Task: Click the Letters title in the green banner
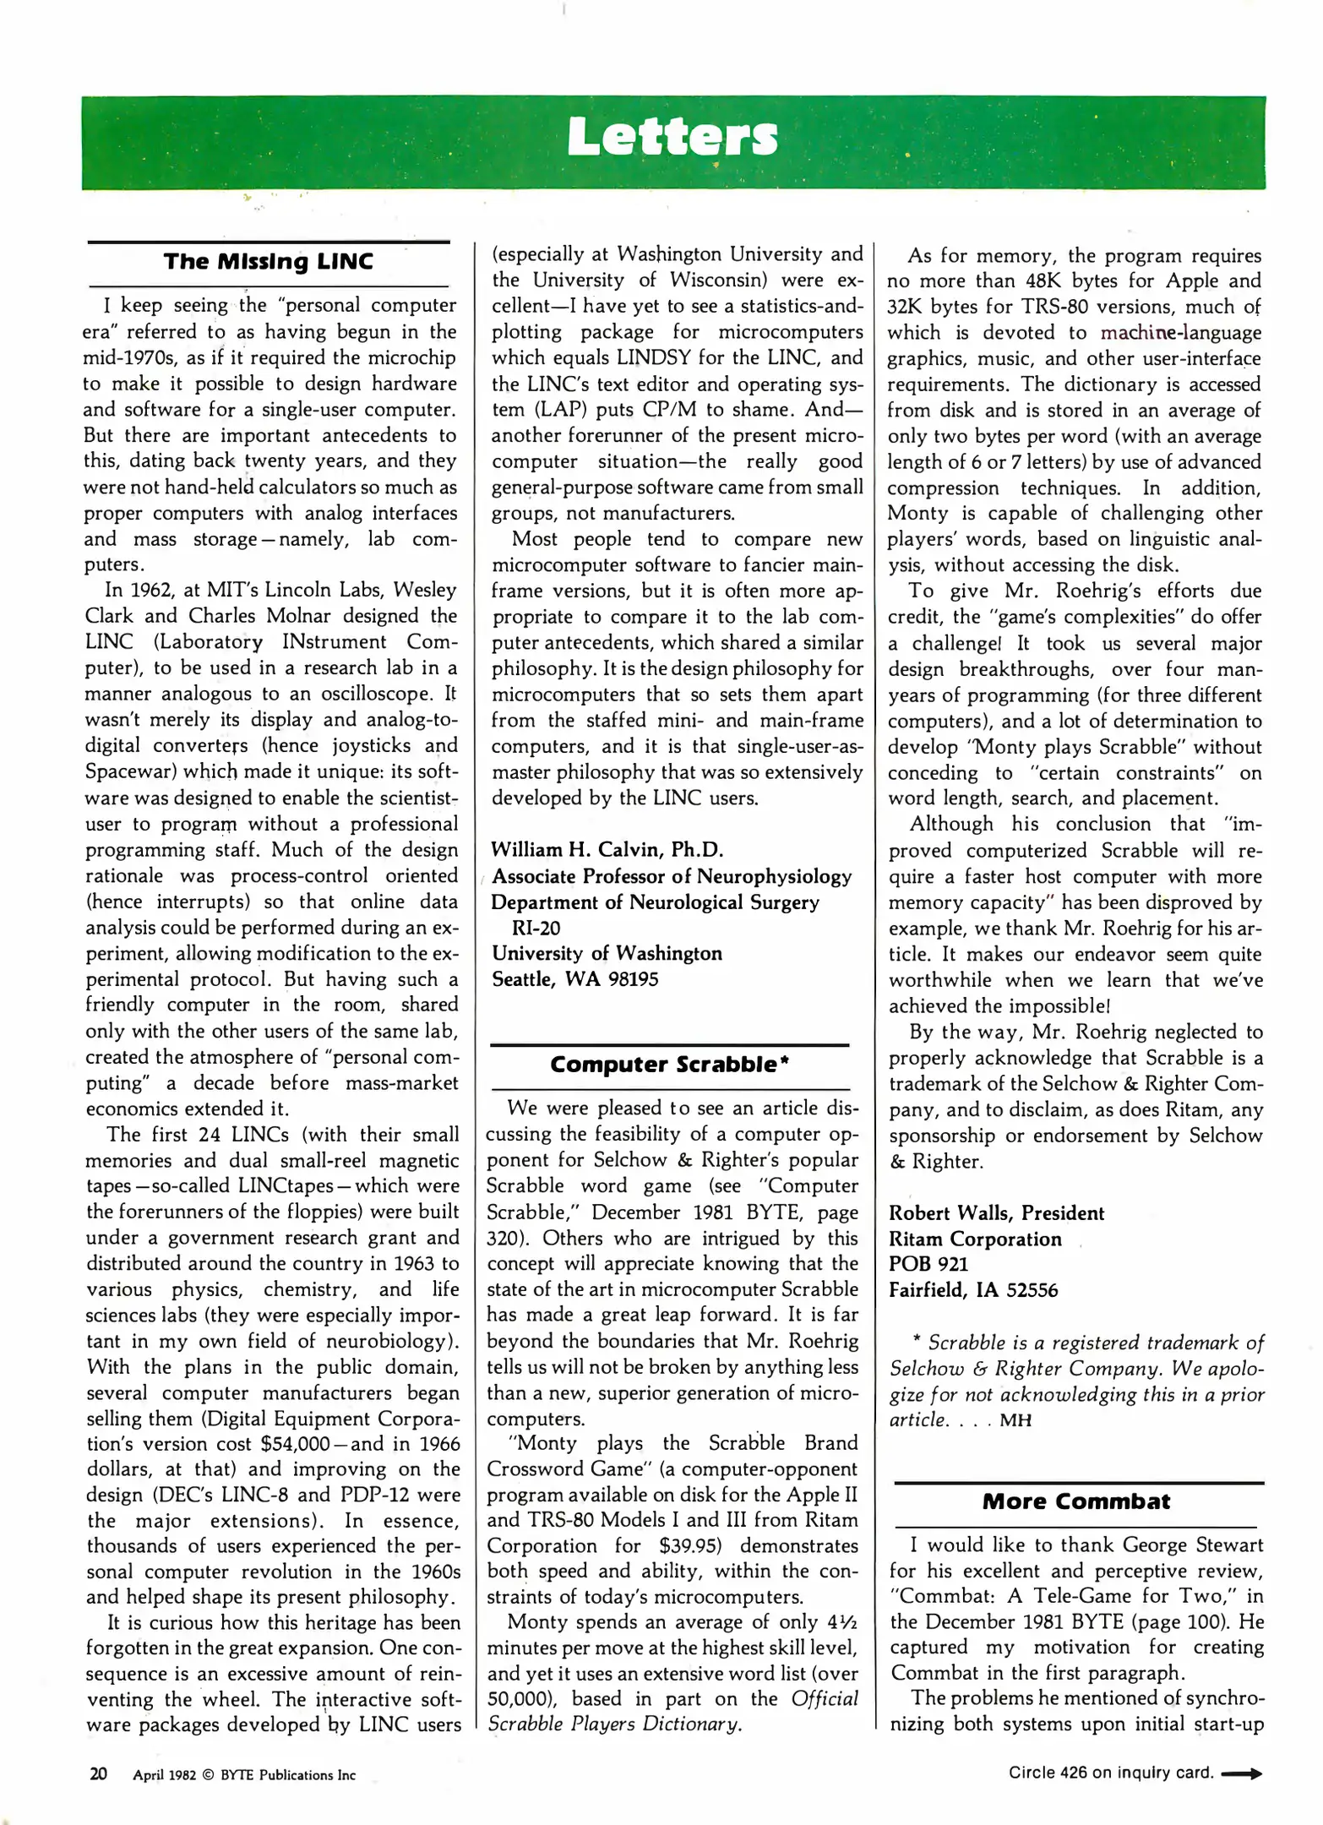[x=672, y=137]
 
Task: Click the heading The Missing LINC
[x=269, y=261]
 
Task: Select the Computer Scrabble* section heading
[x=669, y=1064]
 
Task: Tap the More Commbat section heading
[x=1075, y=1501]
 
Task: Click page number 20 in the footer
[x=98, y=1774]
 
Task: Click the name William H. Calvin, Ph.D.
[x=607, y=849]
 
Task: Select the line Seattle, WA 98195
[x=574, y=979]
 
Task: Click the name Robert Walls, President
[x=996, y=1213]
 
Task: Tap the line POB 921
[x=928, y=1264]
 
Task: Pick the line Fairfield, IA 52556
[x=972, y=1290]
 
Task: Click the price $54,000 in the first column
[x=295, y=1444]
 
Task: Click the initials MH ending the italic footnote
[x=1015, y=1420]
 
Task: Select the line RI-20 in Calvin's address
[x=536, y=928]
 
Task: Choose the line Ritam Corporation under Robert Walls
[x=975, y=1239]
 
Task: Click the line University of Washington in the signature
[x=607, y=953]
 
